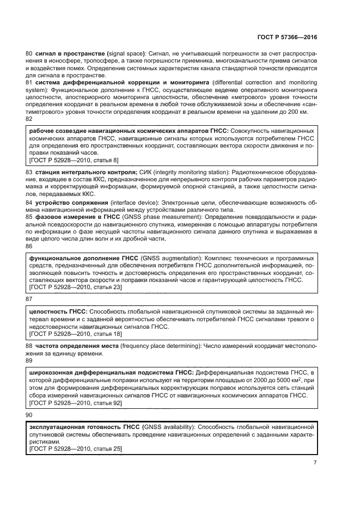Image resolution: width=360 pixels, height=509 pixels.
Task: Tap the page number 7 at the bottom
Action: coord(315,463)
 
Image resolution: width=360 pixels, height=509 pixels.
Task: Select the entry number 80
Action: coord(29,54)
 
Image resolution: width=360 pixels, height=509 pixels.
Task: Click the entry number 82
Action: coord(29,119)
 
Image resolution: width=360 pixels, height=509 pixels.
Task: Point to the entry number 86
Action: coord(29,246)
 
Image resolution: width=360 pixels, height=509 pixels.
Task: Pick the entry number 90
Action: coord(29,415)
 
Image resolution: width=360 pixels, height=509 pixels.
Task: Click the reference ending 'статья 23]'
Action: coord(106,287)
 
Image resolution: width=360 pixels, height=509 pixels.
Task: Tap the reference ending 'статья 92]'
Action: coord(106,403)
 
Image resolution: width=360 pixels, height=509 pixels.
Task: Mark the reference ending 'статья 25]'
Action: coord(106,449)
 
